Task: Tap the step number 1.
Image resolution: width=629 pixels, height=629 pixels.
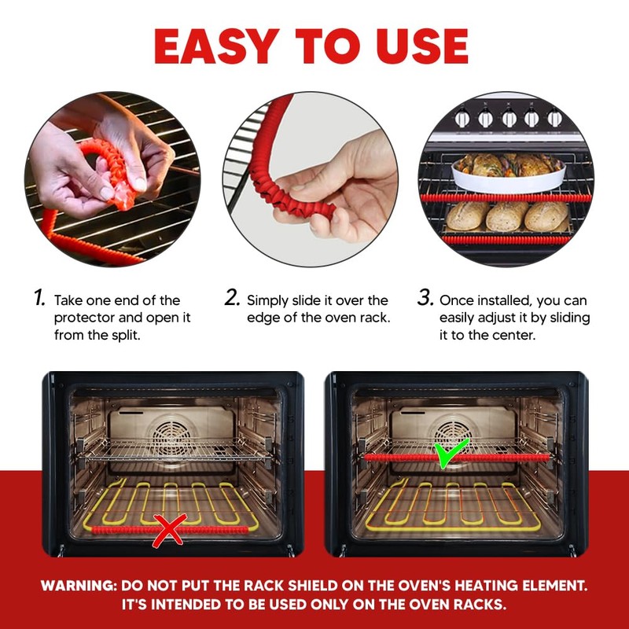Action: (39, 298)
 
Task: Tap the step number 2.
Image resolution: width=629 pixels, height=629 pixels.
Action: (232, 298)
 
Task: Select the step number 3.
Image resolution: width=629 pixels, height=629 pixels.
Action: (425, 298)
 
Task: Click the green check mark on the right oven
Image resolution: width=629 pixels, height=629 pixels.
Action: (452, 454)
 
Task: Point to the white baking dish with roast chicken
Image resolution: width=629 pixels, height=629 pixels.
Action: (508, 171)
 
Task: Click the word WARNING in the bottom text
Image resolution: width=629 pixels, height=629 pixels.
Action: (77, 586)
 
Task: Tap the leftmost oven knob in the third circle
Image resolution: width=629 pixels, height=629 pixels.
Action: (463, 118)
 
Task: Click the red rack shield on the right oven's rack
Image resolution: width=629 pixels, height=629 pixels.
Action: (393, 457)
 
